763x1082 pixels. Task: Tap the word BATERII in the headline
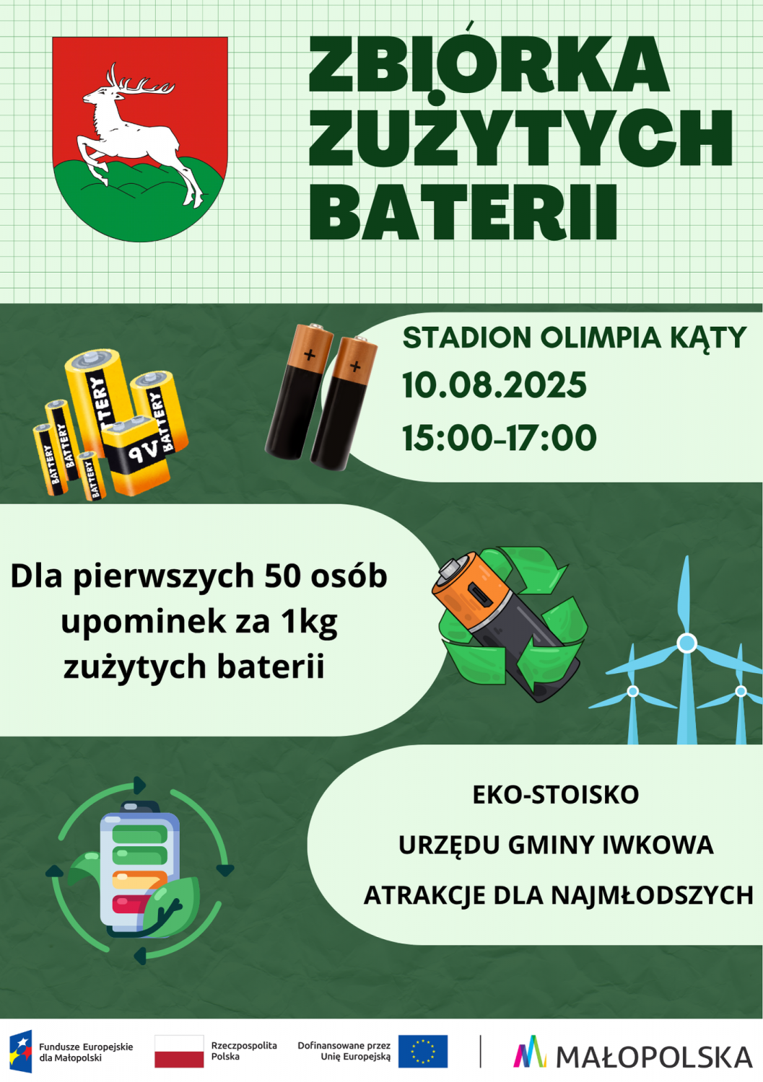point(463,213)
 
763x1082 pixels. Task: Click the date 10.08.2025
point(494,385)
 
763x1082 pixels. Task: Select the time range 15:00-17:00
point(499,438)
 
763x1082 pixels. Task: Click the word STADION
point(466,338)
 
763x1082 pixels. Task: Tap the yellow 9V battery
point(136,454)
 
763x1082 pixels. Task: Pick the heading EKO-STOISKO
point(556,795)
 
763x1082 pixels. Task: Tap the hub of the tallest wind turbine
point(686,643)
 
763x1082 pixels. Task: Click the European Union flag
point(422,1051)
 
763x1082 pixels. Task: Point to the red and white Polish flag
point(179,1051)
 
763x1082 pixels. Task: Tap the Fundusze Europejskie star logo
point(20,1051)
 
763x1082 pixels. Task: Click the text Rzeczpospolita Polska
point(244,1050)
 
